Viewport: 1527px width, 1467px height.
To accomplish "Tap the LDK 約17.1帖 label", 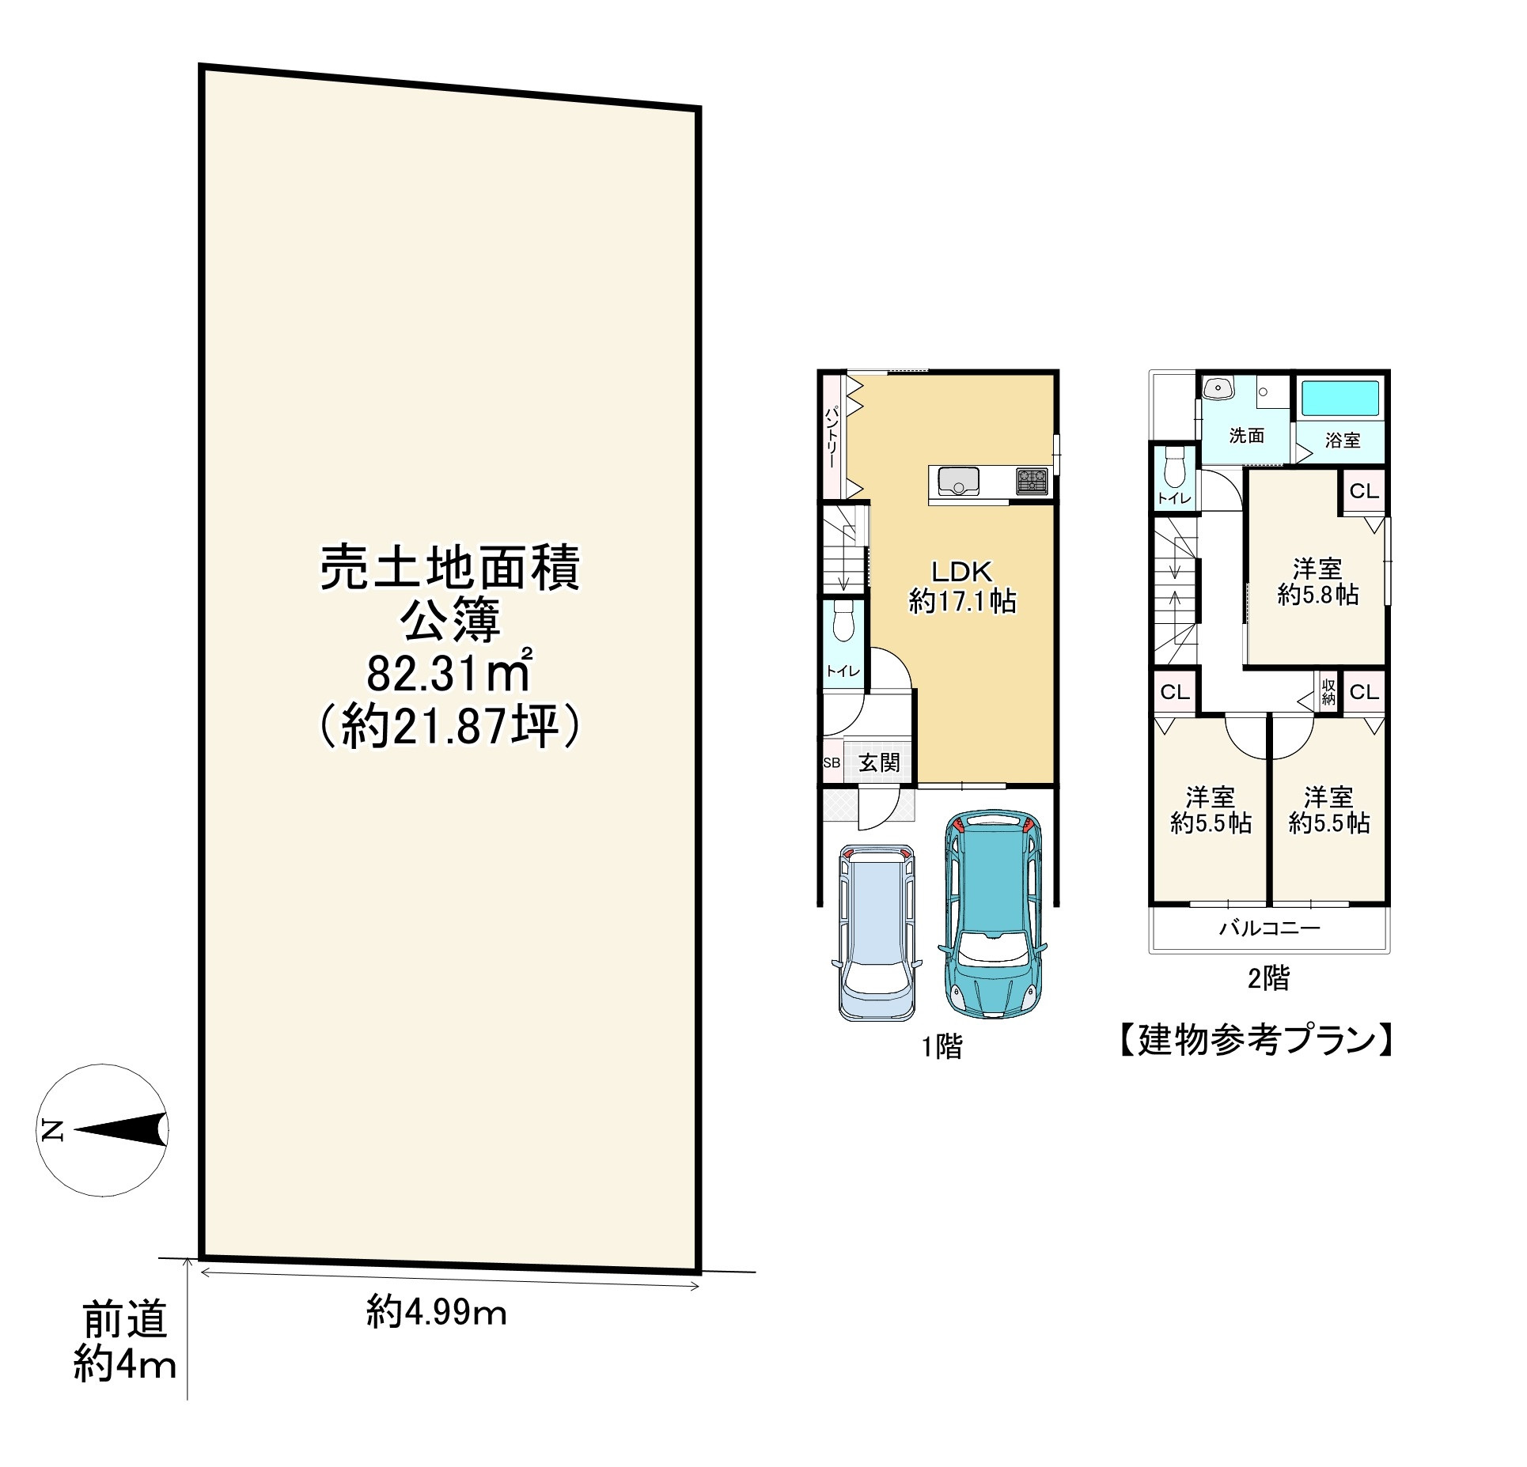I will coord(961,586).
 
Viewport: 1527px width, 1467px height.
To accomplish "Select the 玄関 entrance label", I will coord(879,763).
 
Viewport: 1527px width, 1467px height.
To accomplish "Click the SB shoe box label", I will coord(832,764).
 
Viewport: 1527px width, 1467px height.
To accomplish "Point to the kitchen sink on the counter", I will coord(957,480).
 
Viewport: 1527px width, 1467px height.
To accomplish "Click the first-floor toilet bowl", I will coord(843,622).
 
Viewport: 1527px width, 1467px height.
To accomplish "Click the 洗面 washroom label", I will coord(1246,435).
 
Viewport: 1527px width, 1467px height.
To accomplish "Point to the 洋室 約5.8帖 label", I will coord(1318,581).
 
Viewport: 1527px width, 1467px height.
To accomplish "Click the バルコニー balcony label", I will coord(1269,928).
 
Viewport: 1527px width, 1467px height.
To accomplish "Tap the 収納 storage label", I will coord(1328,691).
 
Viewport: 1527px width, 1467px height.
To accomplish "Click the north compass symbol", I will coord(104,1129).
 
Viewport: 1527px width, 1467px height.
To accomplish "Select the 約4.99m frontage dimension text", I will coord(436,1314).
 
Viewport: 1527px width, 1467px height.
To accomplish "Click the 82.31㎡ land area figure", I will coord(449,673).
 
